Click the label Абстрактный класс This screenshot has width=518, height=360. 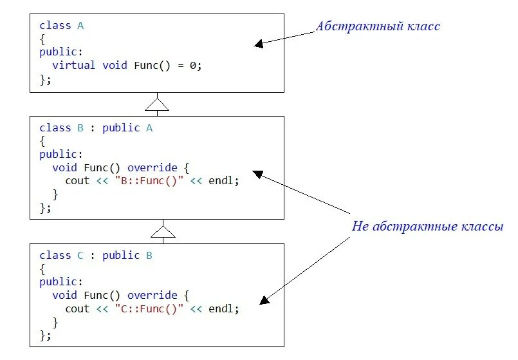pyautogui.click(x=378, y=26)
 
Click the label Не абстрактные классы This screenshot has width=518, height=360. pyautogui.click(x=427, y=227)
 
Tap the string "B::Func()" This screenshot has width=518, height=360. pyautogui.click(x=149, y=181)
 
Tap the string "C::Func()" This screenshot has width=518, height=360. pyautogui.click(x=149, y=308)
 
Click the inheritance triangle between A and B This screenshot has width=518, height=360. pyautogui.click(x=157, y=104)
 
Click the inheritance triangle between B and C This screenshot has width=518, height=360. pyautogui.click(x=163, y=231)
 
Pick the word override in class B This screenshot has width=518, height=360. pyautogui.click(x=149, y=167)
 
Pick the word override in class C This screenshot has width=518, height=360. pyautogui.click(x=149, y=295)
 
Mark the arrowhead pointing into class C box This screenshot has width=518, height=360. pyautogui.click(x=263, y=300)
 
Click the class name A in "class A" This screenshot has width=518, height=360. pyautogui.click(x=80, y=26)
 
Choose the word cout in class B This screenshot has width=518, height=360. pyautogui.click(x=77, y=181)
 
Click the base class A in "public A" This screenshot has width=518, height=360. pyautogui.click(x=149, y=128)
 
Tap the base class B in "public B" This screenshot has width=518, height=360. pyautogui.click(x=149, y=255)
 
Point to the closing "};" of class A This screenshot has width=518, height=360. pyautogui.click(x=45, y=79)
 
